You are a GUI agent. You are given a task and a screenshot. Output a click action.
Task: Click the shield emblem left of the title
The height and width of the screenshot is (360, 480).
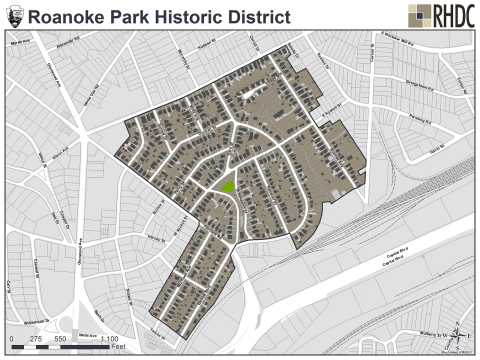(x=15, y=16)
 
